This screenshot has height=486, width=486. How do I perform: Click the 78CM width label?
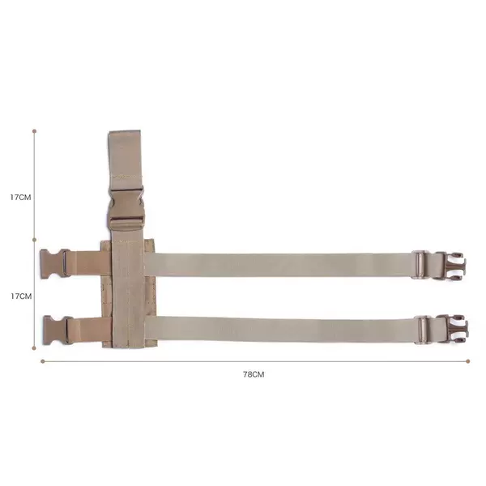254,374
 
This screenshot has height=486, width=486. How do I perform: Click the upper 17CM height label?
20,198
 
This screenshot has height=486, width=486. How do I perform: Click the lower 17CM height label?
21,296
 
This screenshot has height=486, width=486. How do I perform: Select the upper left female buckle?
55,262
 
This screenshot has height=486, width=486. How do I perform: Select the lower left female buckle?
58,330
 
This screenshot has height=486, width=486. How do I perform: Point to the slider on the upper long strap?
420,265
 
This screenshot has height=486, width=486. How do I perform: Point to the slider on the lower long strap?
423,330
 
